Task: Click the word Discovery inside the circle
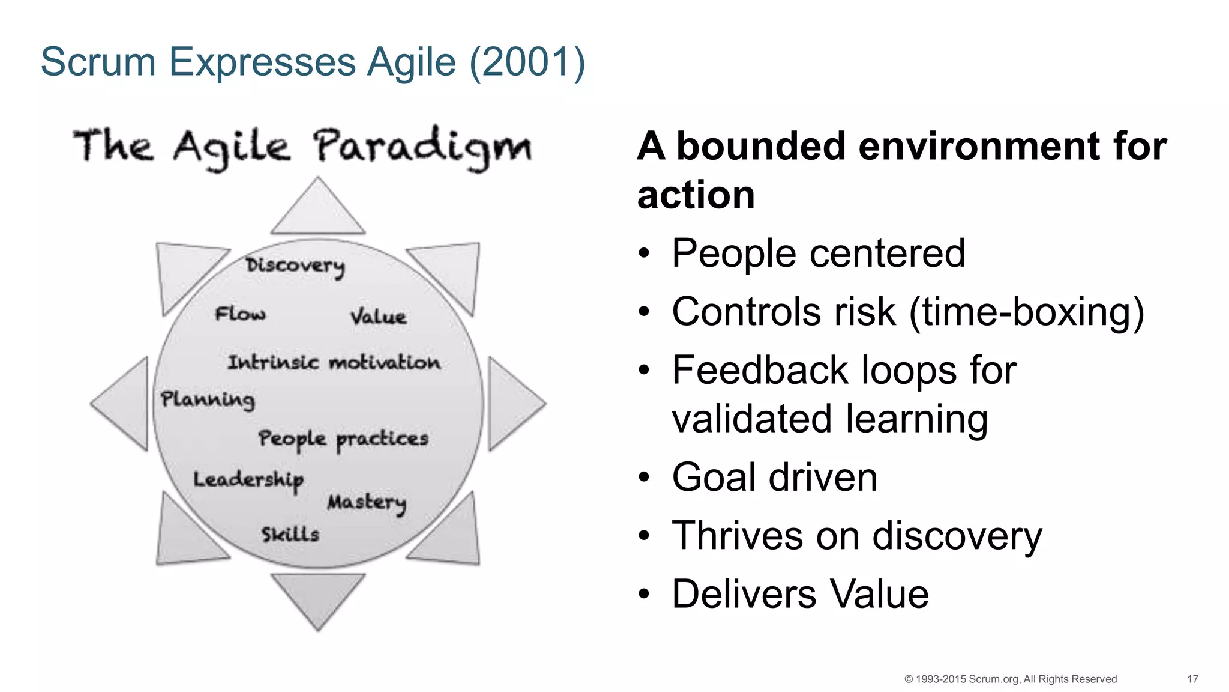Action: click(x=295, y=266)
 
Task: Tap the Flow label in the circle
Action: click(x=241, y=314)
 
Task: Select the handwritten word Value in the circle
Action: click(x=378, y=317)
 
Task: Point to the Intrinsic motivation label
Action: click(x=334, y=362)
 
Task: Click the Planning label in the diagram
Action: click(x=208, y=399)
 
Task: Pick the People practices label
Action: click(x=343, y=439)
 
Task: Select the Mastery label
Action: click(x=367, y=503)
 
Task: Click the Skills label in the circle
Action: click(x=290, y=534)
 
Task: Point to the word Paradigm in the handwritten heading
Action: click(x=422, y=148)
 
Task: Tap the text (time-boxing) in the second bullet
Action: click(x=1027, y=312)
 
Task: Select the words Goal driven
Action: click(x=774, y=477)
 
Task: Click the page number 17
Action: click(x=1192, y=679)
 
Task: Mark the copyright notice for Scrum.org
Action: click(x=1010, y=679)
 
